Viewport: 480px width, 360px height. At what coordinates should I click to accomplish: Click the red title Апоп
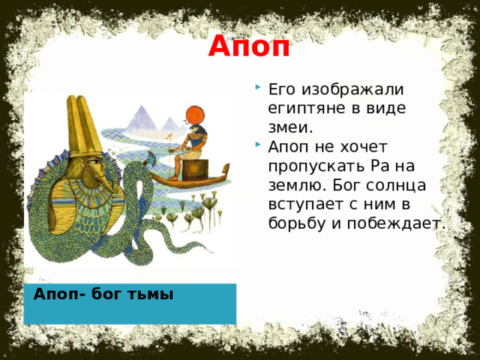249,46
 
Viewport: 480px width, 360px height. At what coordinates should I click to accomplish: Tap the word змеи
291,127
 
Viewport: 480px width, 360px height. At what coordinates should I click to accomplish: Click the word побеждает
395,223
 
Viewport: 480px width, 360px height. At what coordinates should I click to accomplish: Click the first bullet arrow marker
258,87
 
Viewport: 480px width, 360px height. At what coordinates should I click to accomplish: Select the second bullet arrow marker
258,144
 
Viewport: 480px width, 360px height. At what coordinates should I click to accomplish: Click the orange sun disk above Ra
195,115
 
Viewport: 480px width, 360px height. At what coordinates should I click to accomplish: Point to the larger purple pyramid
142,119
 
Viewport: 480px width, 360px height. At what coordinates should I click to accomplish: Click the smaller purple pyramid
169,124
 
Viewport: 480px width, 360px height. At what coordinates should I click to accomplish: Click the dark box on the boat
195,170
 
